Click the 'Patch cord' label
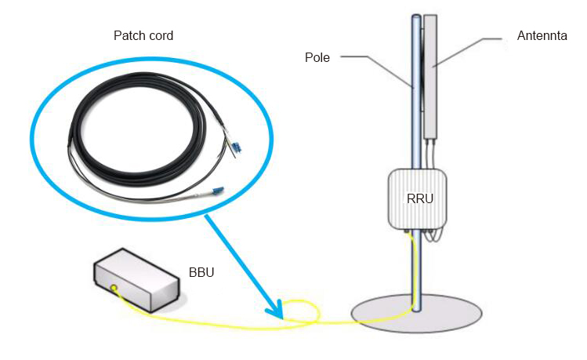(x=143, y=36)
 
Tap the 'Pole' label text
(x=317, y=56)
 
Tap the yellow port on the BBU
(x=114, y=289)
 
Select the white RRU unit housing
(x=417, y=200)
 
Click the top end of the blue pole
(x=415, y=17)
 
